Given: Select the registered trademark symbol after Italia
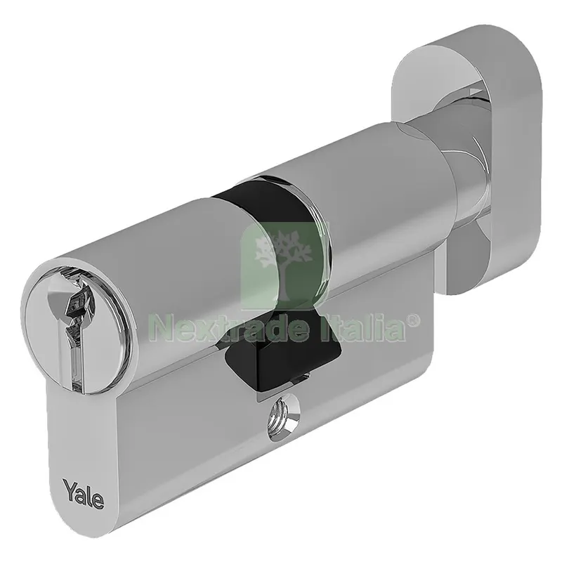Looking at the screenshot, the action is pyautogui.click(x=413, y=322).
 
